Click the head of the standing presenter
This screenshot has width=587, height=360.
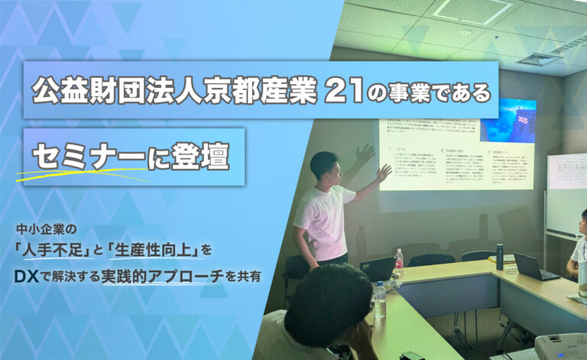pos(324,166)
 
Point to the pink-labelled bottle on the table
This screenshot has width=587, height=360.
pos(398,263)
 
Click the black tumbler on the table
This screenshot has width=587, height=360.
pos(499,257)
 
